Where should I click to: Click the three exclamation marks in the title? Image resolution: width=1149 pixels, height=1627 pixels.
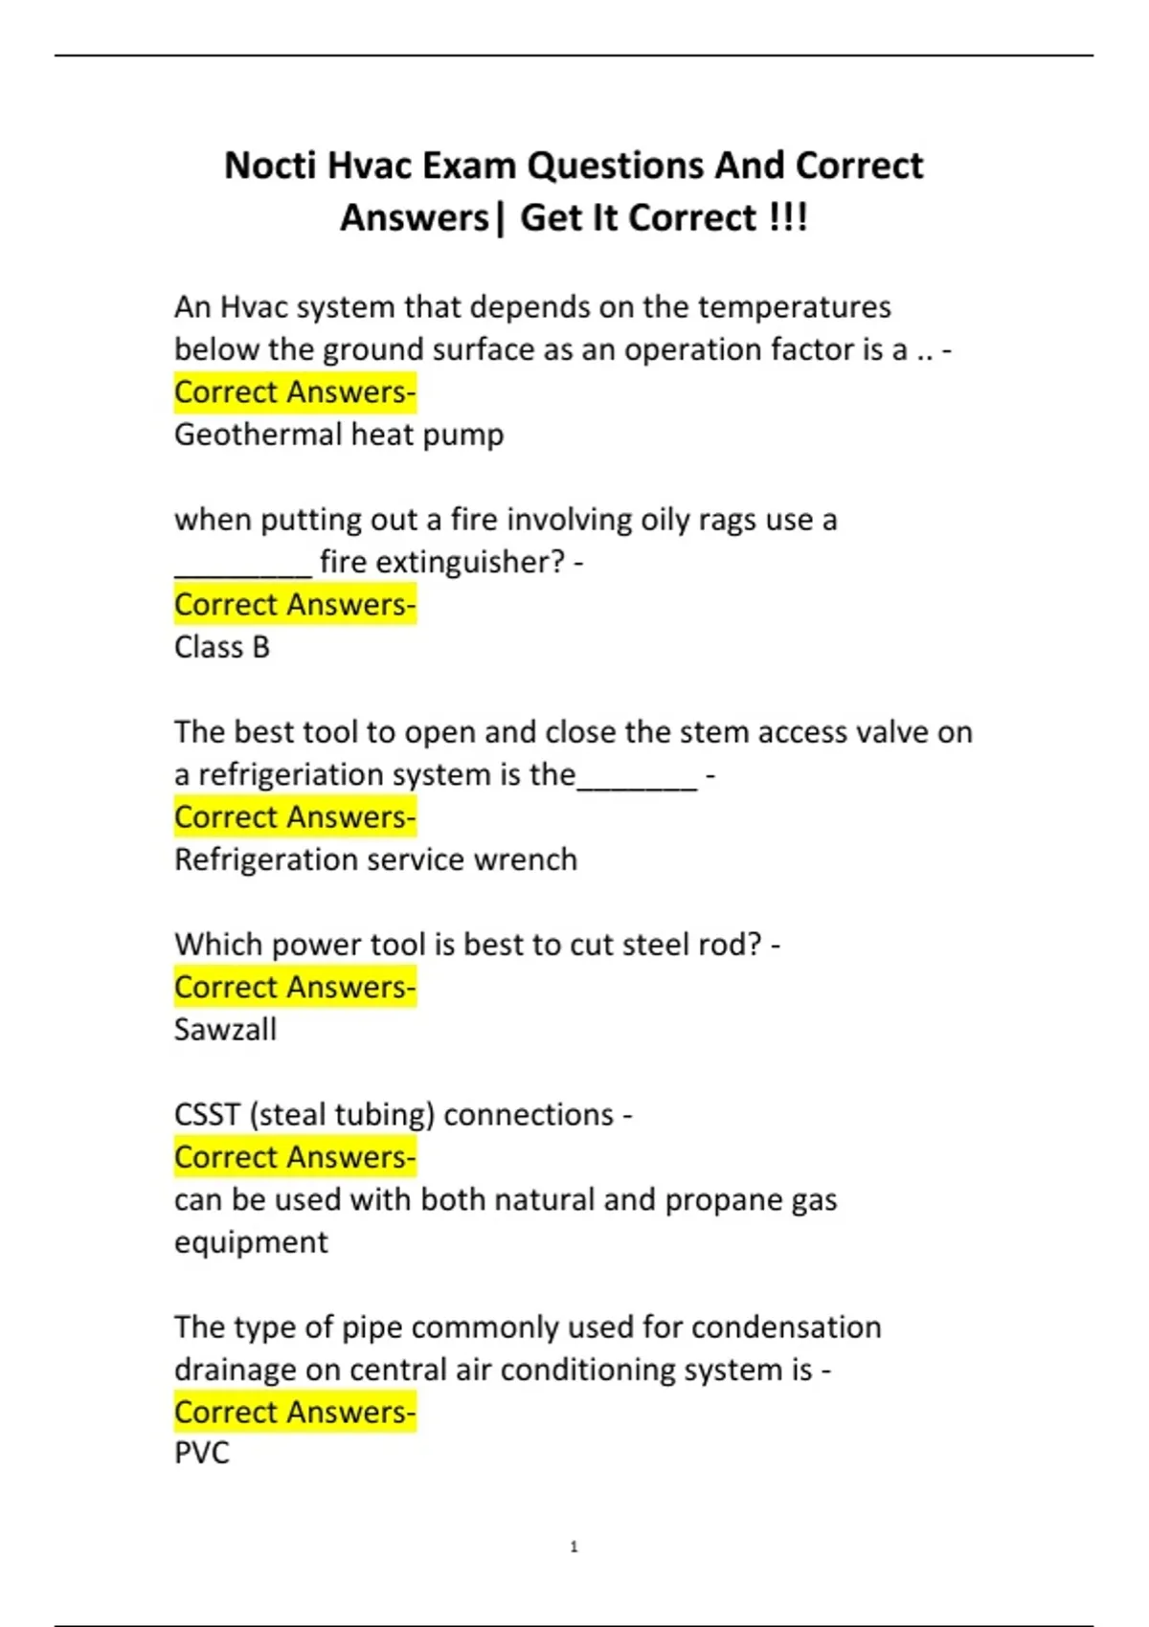pyautogui.click(x=788, y=218)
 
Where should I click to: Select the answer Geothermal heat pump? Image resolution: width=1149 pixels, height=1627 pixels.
pyautogui.click(x=339, y=435)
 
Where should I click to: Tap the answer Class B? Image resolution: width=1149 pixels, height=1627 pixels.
pyautogui.click(x=222, y=647)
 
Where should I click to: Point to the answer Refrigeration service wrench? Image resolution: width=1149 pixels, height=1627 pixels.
pyautogui.click(x=375, y=859)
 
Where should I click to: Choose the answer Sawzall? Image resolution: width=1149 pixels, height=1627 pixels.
pyautogui.click(x=225, y=1030)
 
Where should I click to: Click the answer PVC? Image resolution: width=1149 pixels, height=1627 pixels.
pyautogui.click(x=202, y=1453)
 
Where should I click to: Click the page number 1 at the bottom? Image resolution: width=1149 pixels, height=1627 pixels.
pyautogui.click(x=574, y=1547)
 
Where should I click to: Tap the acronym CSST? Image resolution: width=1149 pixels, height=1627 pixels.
pyautogui.click(x=207, y=1115)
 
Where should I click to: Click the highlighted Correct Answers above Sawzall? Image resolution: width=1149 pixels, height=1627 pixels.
pyautogui.click(x=295, y=987)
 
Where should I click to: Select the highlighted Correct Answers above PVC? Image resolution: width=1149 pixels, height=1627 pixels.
pyautogui.click(x=295, y=1412)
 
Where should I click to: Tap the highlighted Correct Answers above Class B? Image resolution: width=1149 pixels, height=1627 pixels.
pyautogui.click(x=295, y=605)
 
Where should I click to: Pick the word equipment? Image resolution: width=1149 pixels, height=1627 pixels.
pyautogui.click(x=251, y=1242)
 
